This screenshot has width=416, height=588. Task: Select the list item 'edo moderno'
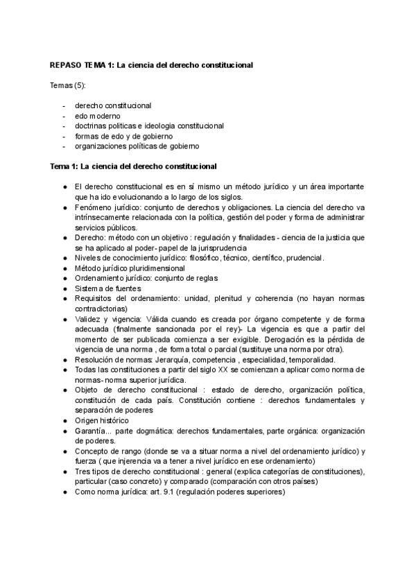pyautogui.click(x=97, y=116)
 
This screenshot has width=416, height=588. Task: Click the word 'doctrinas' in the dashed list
pyautogui.click(x=92, y=126)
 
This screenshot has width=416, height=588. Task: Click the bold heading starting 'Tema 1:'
pyautogui.click(x=133, y=166)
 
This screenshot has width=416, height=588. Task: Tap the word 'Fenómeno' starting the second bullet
pyautogui.click(x=92, y=207)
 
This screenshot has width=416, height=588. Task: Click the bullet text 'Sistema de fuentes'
pyautogui.click(x=107, y=288)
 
